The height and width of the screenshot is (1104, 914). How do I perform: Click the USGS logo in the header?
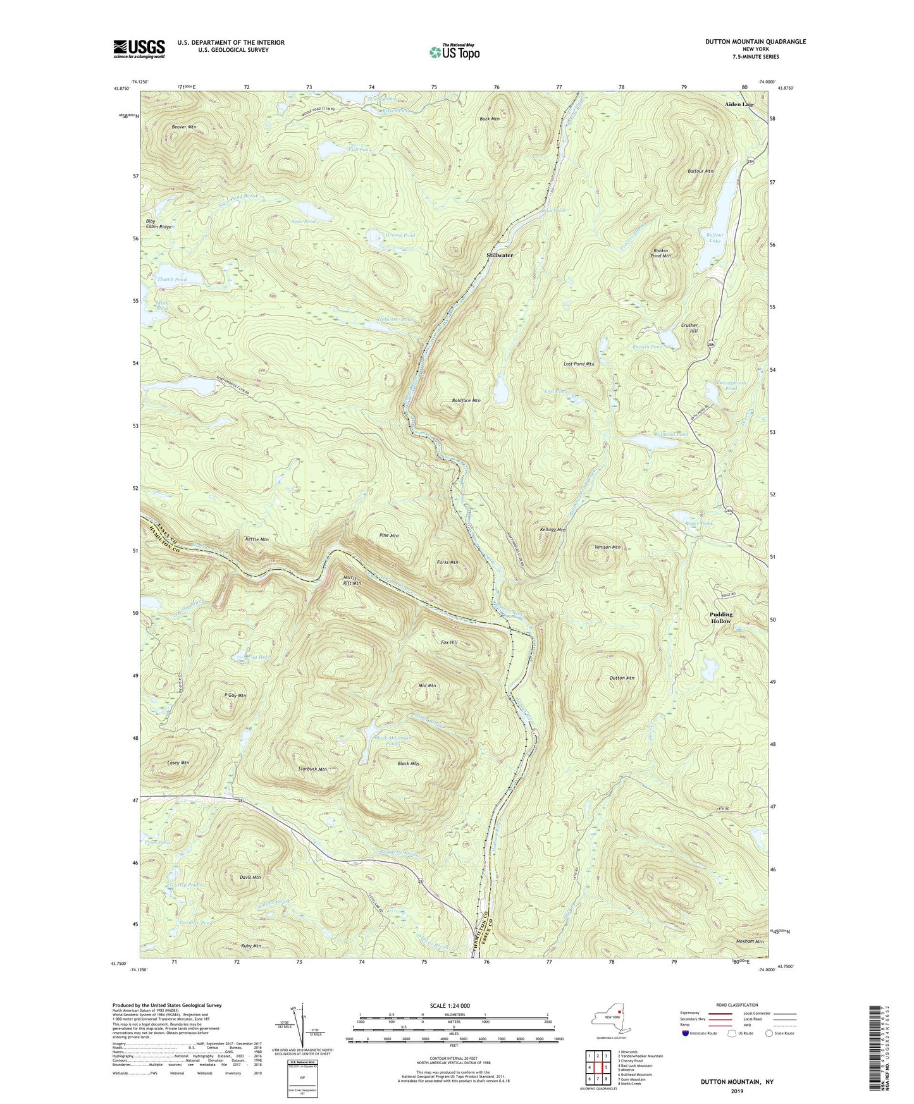click(x=139, y=49)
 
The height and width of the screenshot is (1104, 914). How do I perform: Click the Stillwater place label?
click(x=500, y=255)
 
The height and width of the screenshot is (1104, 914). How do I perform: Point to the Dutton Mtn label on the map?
click(x=622, y=678)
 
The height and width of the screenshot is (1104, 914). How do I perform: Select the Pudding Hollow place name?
click(x=720, y=617)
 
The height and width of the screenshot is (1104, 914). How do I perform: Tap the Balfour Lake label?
click(x=714, y=237)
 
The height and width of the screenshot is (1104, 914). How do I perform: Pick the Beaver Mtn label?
click(x=184, y=127)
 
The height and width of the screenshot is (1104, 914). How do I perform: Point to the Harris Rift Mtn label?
click(x=352, y=580)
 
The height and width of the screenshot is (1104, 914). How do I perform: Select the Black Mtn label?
click(x=408, y=764)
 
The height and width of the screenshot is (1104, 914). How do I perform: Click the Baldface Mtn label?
click(x=466, y=400)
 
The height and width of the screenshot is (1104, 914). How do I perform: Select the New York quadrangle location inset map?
click(x=612, y=1019)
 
